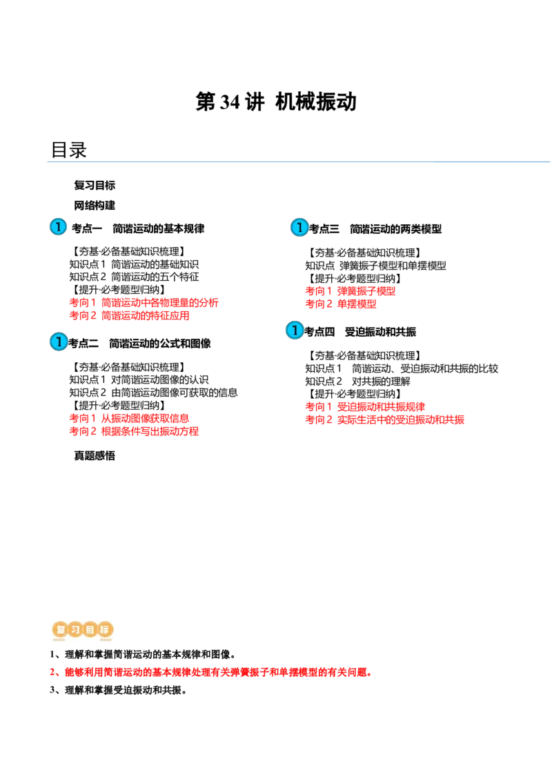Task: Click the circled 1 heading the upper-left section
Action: pyautogui.click(x=58, y=227)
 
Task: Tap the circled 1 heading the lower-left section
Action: pyautogui.click(x=59, y=342)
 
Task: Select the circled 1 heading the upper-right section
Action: pyautogui.click(x=299, y=227)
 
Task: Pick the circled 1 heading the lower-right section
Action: pyautogui.click(x=295, y=330)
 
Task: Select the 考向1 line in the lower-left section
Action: pyautogui.click(x=128, y=418)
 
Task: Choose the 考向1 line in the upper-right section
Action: pyautogui.click(x=351, y=291)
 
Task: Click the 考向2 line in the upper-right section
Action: pyautogui.click(x=341, y=304)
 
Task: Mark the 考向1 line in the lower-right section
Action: pyautogui.click(x=365, y=406)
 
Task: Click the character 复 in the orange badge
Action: pyautogui.click(x=59, y=630)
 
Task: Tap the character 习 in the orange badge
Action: pyautogui.click(x=75, y=630)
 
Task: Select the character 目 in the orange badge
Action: pyautogui.click(x=90, y=630)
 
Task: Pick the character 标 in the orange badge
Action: pyautogui.click(x=105, y=630)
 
